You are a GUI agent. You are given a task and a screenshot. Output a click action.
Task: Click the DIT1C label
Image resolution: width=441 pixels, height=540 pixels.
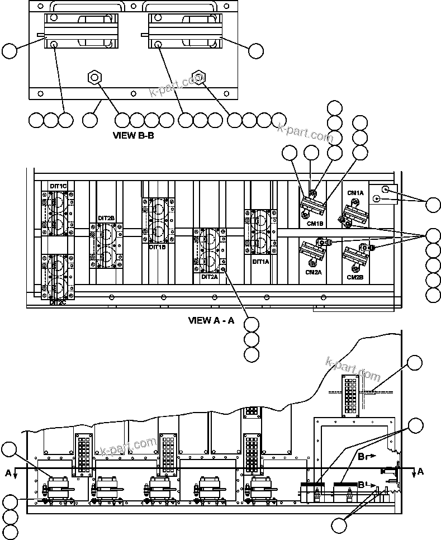(x=58, y=185)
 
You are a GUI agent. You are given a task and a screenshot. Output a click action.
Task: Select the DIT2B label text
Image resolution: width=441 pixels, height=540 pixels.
(x=106, y=218)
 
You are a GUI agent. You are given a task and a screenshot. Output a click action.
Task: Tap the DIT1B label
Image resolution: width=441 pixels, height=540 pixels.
(x=157, y=247)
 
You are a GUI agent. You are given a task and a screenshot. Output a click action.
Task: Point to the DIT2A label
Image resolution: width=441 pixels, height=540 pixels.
(x=210, y=276)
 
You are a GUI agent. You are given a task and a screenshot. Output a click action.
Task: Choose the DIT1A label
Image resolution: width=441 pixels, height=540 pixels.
(x=260, y=261)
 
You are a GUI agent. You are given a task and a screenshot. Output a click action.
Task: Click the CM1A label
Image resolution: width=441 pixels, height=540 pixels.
(x=355, y=193)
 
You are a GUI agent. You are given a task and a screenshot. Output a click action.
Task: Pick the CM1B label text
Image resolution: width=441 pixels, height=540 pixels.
(x=315, y=224)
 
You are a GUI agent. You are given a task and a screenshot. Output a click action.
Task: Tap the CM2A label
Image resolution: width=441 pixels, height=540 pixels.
(x=314, y=272)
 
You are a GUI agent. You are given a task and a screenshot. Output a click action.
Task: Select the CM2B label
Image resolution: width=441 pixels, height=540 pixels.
(x=355, y=277)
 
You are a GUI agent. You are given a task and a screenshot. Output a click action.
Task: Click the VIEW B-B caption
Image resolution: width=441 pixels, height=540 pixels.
(x=133, y=135)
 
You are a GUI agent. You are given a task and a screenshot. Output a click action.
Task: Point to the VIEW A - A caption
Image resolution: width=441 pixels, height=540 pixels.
(x=211, y=320)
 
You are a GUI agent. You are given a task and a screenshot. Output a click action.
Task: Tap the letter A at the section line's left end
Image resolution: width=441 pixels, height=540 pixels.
(x=8, y=473)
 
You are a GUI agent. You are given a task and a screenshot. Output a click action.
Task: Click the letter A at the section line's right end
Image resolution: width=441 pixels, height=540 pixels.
(x=420, y=471)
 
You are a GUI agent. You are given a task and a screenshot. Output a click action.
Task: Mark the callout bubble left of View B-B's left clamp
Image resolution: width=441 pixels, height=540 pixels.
(x=10, y=51)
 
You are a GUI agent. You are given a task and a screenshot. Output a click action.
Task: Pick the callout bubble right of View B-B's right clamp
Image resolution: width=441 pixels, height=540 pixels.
(x=255, y=51)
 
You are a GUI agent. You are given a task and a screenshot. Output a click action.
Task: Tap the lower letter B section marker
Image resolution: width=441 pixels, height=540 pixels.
(x=362, y=485)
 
